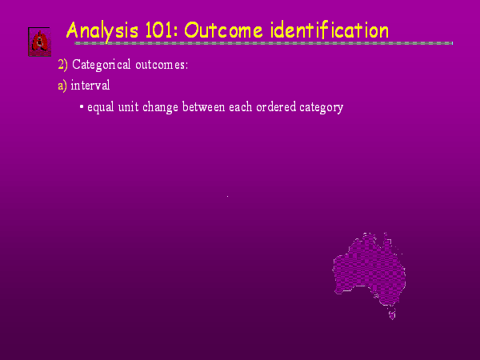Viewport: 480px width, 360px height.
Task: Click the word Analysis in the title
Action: (x=102, y=31)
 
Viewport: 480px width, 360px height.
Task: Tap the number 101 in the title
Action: (x=161, y=30)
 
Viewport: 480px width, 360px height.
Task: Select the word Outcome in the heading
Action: (x=223, y=30)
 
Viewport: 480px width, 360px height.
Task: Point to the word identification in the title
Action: (x=330, y=30)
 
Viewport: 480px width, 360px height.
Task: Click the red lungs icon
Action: (x=39, y=42)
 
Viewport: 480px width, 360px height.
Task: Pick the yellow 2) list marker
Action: (x=62, y=65)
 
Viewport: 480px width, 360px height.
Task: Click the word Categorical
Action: (x=102, y=65)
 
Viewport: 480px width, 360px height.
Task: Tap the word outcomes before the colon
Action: (x=160, y=66)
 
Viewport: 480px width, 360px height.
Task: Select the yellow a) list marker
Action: (x=62, y=86)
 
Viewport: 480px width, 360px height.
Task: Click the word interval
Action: (x=90, y=85)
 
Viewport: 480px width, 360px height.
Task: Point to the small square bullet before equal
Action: (x=82, y=107)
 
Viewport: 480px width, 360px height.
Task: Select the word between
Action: (x=203, y=107)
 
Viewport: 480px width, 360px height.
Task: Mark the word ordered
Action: (x=276, y=107)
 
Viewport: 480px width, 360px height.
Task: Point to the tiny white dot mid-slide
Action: (x=227, y=196)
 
